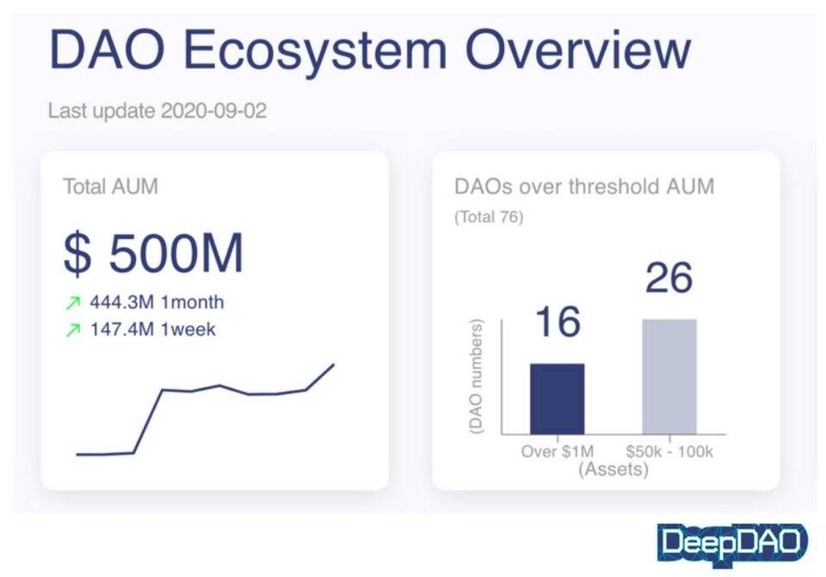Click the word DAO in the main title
tap(105, 50)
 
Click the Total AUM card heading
tap(110, 187)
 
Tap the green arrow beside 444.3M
tap(74, 304)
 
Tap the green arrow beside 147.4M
tap(74, 329)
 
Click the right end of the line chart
tap(333, 365)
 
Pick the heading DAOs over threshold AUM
tap(584, 186)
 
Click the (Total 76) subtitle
tap(488, 218)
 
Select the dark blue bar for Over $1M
tap(557, 398)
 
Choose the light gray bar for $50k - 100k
tap(669, 376)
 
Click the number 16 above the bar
tap(558, 322)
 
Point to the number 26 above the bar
tap(669, 279)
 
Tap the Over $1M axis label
tap(557, 451)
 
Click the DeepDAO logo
tap(732, 543)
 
